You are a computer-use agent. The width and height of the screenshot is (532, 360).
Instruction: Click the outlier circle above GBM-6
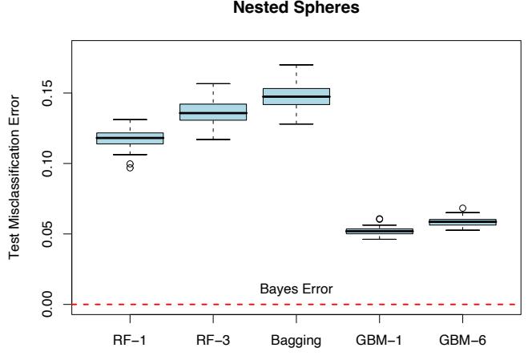(463, 208)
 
